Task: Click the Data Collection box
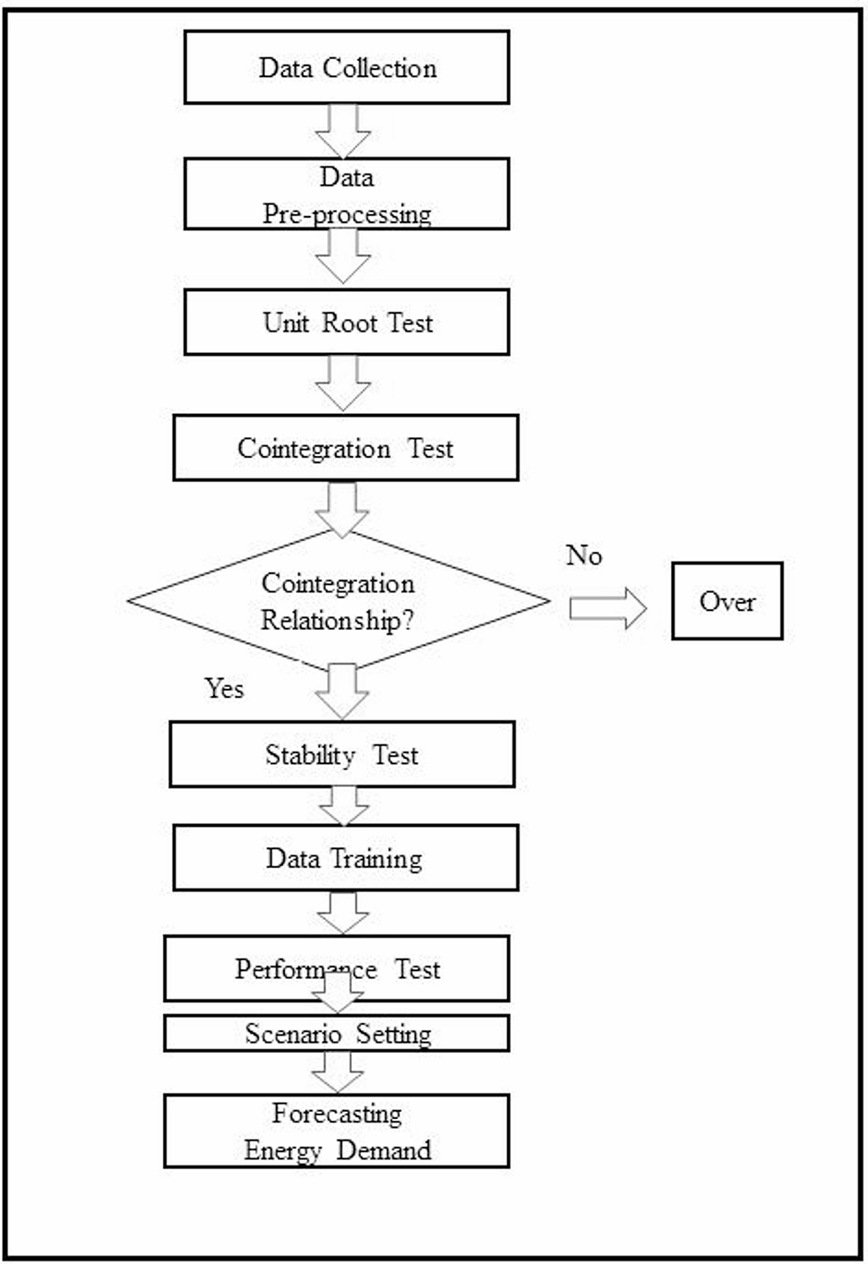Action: click(x=347, y=67)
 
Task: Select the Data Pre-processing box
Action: click(x=347, y=194)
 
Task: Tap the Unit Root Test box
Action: click(x=347, y=322)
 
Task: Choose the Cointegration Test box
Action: click(x=346, y=447)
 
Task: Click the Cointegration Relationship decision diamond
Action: click(x=339, y=601)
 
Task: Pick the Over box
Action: click(x=726, y=601)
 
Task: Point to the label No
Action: click(x=584, y=555)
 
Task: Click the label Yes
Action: click(x=224, y=688)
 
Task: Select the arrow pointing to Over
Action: click(x=607, y=608)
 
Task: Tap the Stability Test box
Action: click(x=342, y=754)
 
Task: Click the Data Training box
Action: click(x=345, y=858)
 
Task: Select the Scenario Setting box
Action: click(x=337, y=1034)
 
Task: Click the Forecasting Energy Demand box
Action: click(x=337, y=1131)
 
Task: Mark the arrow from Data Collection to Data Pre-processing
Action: click(x=343, y=131)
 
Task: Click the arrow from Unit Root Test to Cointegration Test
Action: click(x=343, y=383)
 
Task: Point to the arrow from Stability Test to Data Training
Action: click(x=344, y=805)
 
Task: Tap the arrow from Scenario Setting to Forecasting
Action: click(x=338, y=1071)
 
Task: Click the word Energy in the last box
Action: click(x=282, y=1150)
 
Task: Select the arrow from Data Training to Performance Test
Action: click(x=343, y=912)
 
